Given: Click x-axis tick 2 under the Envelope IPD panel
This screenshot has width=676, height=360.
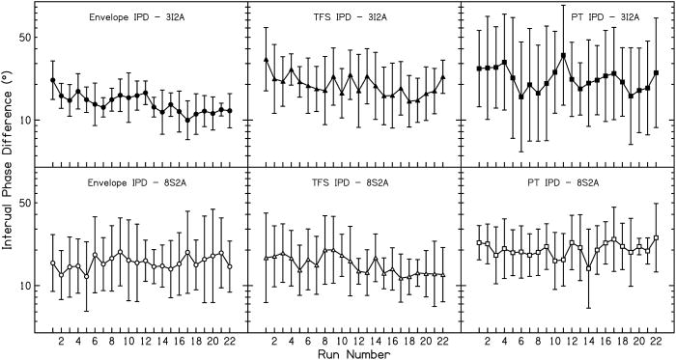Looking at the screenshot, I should pyautogui.click(x=61, y=341).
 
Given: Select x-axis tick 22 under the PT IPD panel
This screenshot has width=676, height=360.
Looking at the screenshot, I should pyautogui.click(x=656, y=341).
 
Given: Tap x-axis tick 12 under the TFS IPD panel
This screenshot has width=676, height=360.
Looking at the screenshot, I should pyautogui.click(x=359, y=341).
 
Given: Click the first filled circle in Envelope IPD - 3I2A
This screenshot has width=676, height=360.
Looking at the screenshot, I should pyautogui.click(x=52, y=80).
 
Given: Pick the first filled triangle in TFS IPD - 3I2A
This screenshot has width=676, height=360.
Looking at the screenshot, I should pyautogui.click(x=266, y=60).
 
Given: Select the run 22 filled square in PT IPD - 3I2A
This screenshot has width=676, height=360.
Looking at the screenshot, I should pyautogui.click(x=657, y=72).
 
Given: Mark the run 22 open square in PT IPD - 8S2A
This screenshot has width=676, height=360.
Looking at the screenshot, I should pyautogui.click(x=657, y=237).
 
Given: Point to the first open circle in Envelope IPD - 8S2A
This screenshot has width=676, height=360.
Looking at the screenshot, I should pyautogui.click(x=52, y=263).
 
